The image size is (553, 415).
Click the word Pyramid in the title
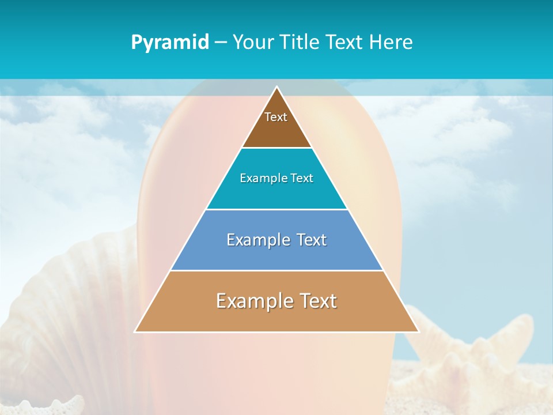pos(170,42)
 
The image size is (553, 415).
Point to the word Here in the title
pos(391,42)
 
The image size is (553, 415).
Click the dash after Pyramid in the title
pos(221,43)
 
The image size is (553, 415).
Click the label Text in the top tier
pos(276,117)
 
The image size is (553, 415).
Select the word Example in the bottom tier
pos(251,301)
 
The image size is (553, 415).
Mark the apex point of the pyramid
pos(277,88)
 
